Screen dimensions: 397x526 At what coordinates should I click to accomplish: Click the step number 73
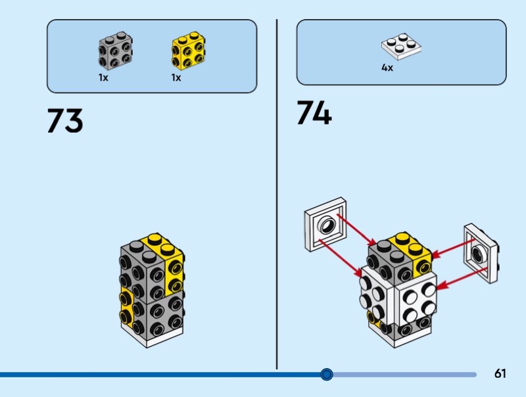(x=64, y=122)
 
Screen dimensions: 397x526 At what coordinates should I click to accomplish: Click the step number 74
(x=314, y=113)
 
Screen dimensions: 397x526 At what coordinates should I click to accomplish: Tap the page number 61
(x=500, y=374)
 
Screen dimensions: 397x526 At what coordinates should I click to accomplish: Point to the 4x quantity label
(x=387, y=68)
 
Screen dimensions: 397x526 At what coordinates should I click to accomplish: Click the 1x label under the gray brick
(x=103, y=78)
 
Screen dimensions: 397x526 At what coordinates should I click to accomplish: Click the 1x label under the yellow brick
(x=176, y=78)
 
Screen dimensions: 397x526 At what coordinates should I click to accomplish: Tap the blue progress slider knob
(x=327, y=375)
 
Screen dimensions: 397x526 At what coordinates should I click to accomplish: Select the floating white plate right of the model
(x=481, y=253)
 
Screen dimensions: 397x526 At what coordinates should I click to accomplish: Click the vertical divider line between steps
(x=277, y=197)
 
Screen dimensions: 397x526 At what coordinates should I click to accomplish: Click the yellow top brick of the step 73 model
(x=168, y=253)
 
